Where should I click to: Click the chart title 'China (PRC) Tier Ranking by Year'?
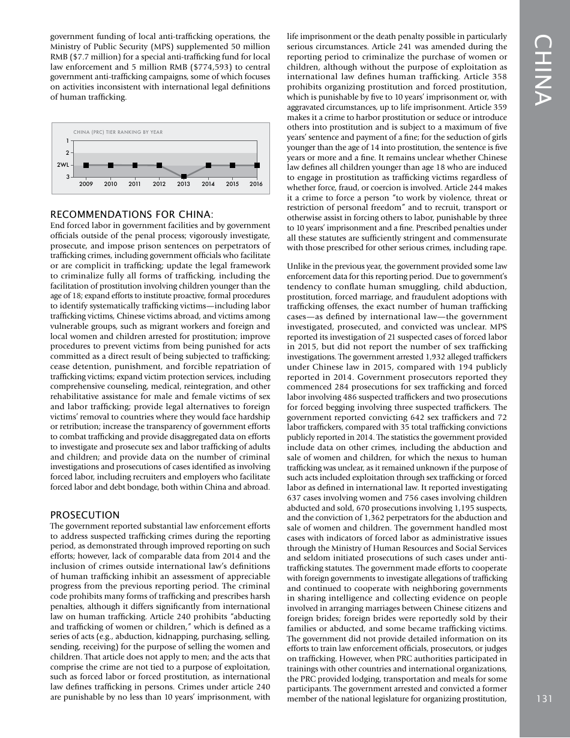coord(118,132)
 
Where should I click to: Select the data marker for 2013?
coord(184,176)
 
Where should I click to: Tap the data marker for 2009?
coord(86,165)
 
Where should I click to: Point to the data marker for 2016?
coord(257,165)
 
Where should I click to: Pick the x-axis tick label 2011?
coord(135,184)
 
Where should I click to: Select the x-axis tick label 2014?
coord(208,184)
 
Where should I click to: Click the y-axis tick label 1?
coord(67,142)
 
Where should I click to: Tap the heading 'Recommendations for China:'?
coord(132,215)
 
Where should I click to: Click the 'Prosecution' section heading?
coord(85,515)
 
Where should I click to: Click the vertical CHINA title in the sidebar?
coord(544,71)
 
